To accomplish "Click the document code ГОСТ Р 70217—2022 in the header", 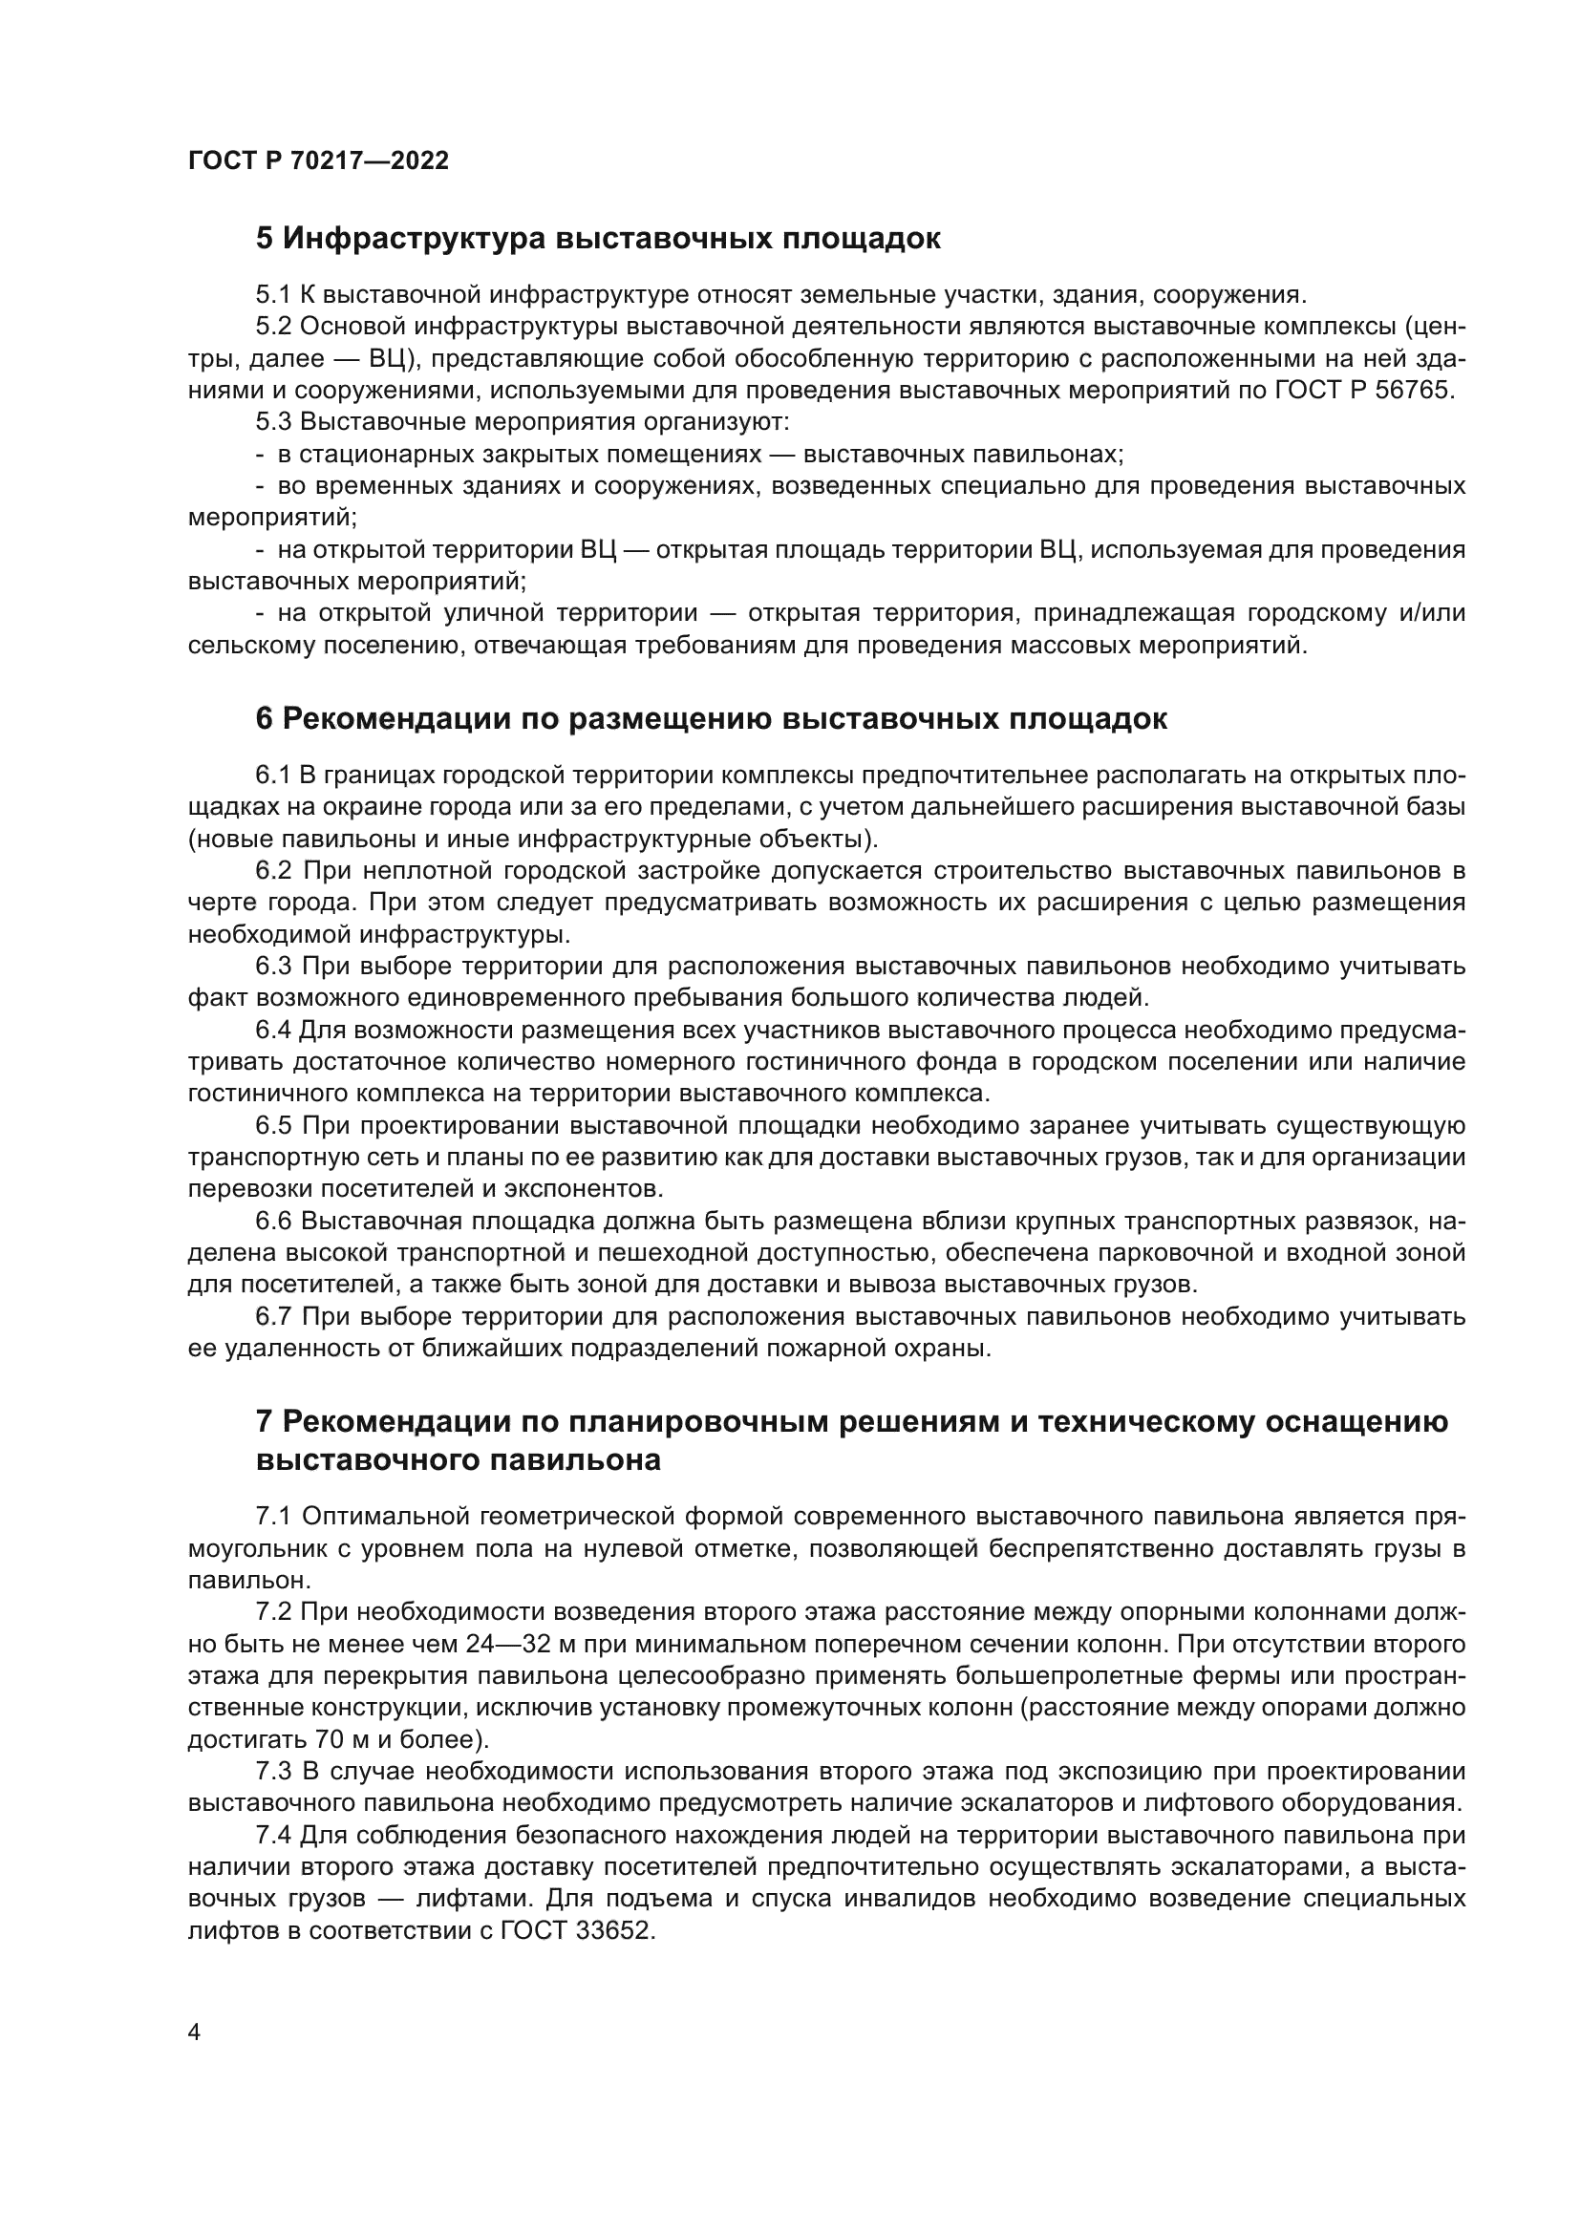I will coord(318,161).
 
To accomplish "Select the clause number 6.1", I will coord(273,776).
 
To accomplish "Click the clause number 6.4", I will coord(273,1031).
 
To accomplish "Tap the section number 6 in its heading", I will coord(265,720).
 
